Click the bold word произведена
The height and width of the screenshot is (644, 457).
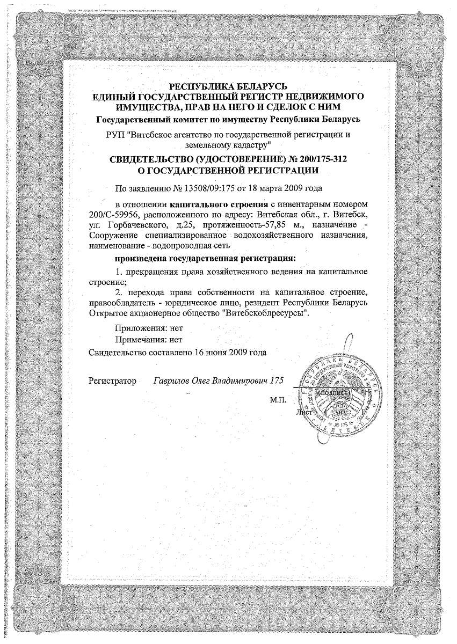click(141, 259)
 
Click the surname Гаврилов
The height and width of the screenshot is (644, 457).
click(172, 381)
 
